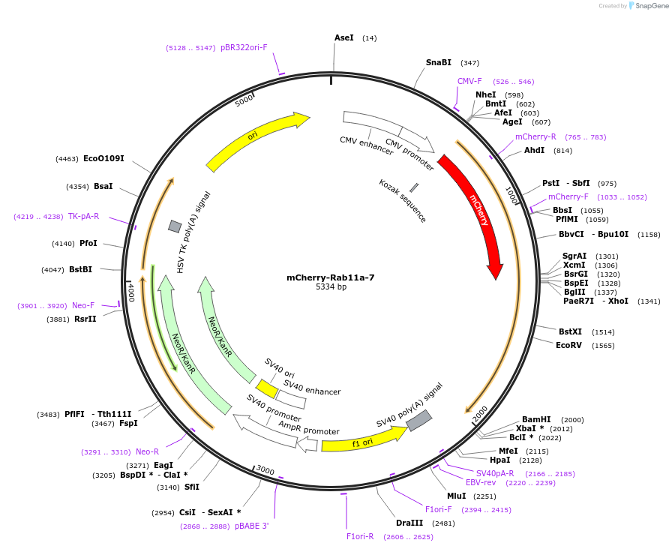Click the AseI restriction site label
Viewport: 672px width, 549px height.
[x=344, y=37]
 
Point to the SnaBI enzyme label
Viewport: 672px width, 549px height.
[x=439, y=63]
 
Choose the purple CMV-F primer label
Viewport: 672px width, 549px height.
[x=470, y=81]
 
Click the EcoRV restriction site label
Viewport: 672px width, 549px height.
[x=568, y=345]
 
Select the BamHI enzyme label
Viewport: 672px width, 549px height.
[x=536, y=419]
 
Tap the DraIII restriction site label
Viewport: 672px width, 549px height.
[x=409, y=523]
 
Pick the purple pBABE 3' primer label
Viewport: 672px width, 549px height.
[x=251, y=526]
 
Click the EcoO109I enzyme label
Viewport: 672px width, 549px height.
[x=103, y=158]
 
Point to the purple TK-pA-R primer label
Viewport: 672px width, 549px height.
[x=83, y=216]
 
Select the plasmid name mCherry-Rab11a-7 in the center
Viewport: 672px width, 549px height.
[x=331, y=277]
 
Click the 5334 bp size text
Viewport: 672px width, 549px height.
[x=331, y=286]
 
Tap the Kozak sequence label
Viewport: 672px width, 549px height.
[x=403, y=201]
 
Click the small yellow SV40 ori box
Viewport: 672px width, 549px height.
[x=266, y=388]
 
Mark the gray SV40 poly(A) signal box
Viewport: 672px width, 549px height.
[x=418, y=421]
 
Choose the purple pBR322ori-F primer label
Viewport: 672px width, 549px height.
[x=244, y=47]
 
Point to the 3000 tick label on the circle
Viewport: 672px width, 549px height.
[x=265, y=469]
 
